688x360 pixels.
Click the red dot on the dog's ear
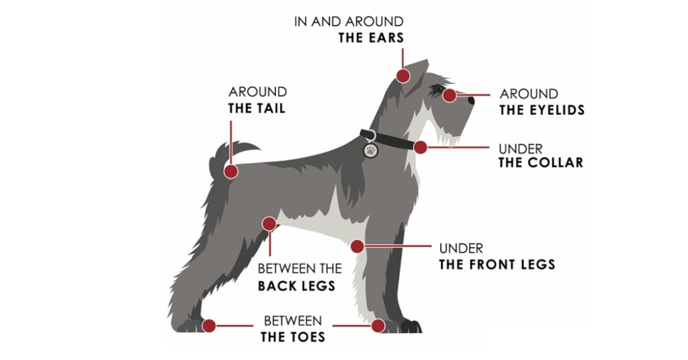point(403,75)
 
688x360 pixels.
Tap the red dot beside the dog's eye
point(449,95)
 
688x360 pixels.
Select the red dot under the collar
point(421,147)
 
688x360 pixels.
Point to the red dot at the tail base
point(231,171)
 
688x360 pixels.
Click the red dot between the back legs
point(269,224)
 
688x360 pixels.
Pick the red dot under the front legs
point(357,246)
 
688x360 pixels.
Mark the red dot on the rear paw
point(209,326)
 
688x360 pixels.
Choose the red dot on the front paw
point(378,326)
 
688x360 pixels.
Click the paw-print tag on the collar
point(370,150)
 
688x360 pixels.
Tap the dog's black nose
point(470,100)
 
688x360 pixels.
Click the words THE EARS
point(371,38)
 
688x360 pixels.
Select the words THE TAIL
point(257,108)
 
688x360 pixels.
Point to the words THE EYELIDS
point(542,109)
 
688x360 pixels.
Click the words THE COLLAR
point(540,163)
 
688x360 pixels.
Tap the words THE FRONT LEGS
point(497,264)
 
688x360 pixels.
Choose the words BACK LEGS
point(296,285)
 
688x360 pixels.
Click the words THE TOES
point(293,336)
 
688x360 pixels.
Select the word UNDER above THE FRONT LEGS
point(461,249)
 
